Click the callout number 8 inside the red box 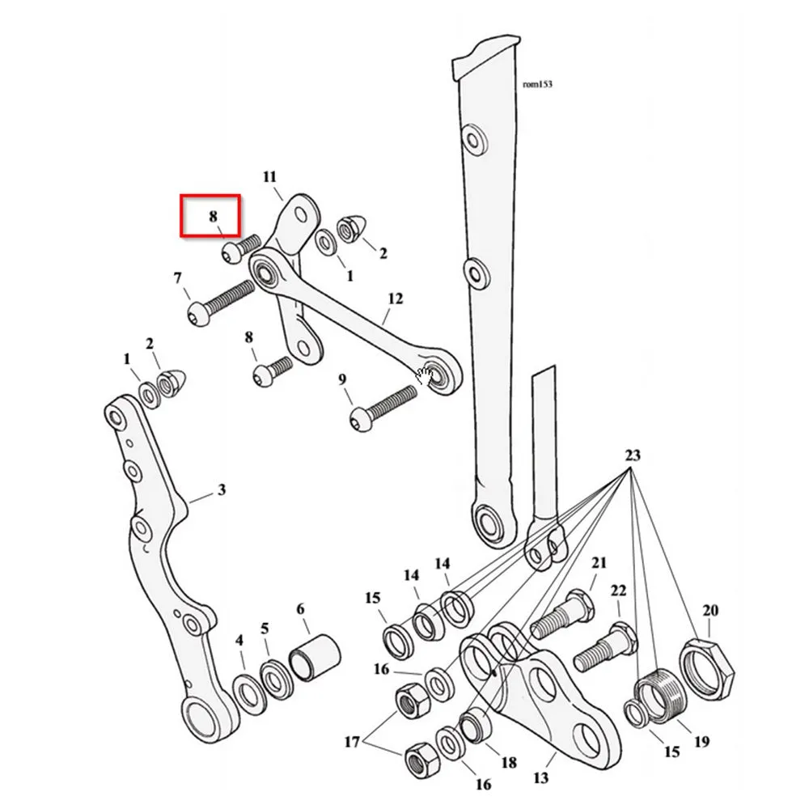(213, 216)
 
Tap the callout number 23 (633, 455)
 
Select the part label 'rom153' (538, 84)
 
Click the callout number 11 (270, 177)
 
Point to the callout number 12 (396, 299)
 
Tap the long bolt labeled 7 (220, 304)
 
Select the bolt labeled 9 (383, 409)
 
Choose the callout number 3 (222, 489)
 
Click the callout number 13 (540, 777)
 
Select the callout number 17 (352, 742)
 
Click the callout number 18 (509, 762)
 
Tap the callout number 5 (265, 629)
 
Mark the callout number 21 (599, 562)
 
